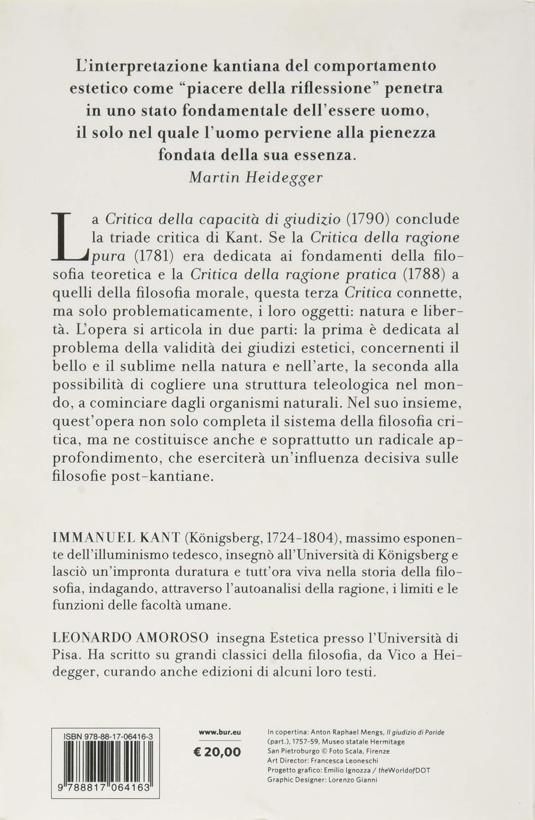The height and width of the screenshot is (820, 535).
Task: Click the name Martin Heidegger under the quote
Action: click(256, 177)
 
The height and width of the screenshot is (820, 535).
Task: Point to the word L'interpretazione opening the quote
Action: click(140, 66)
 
